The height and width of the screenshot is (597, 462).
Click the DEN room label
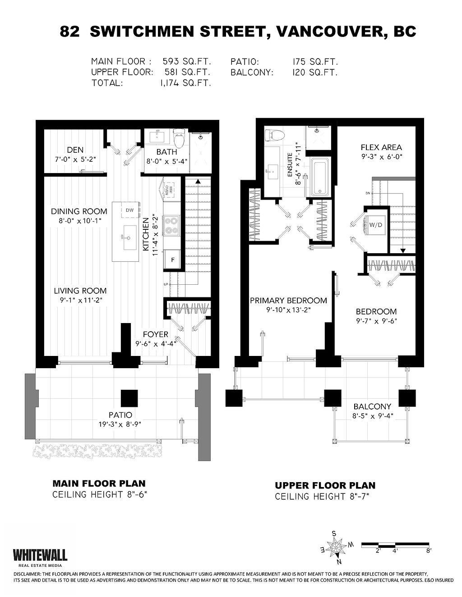tap(75, 150)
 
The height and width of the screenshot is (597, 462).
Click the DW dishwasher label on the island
tap(129, 210)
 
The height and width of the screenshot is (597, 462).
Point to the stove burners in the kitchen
tap(172, 226)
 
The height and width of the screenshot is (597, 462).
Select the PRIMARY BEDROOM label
tap(288, 301)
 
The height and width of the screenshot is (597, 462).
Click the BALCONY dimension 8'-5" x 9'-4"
tap(372, 416)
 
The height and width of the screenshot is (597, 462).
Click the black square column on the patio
tap(129, 398)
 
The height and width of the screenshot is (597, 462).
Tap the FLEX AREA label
tap(381, 147)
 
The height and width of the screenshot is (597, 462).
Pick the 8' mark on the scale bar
tap(428, 550)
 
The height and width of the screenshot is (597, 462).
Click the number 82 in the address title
tap(70, 32)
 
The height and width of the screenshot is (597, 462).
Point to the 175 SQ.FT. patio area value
tap(315, 62)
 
